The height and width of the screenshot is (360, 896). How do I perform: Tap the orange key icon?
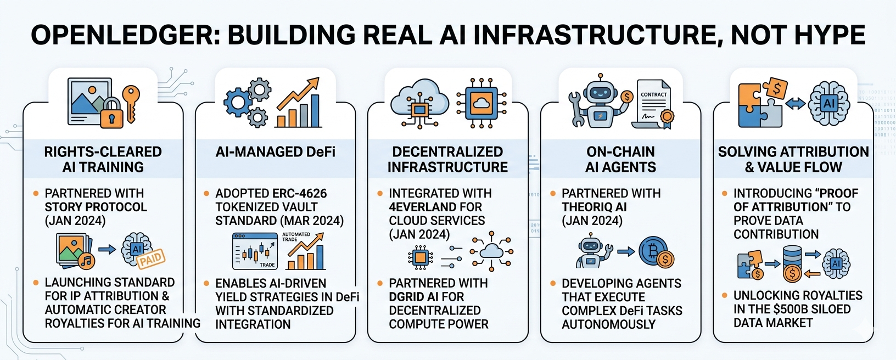[131, 104]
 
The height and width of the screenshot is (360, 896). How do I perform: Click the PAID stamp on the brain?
[151, 258]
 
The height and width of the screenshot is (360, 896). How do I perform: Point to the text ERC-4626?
[299, 194]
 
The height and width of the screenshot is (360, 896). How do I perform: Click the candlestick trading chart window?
[255, 251]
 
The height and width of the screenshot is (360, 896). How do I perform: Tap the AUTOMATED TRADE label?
[296, 237]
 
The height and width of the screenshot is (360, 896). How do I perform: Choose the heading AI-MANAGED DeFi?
[275, 152]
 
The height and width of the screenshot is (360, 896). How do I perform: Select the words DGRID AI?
[427, 297]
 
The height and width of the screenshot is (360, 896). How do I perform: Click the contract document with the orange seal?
[653, 104]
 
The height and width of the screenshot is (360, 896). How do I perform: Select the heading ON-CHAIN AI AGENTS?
[620, 159]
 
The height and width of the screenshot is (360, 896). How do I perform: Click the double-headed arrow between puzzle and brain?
[795, 104]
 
